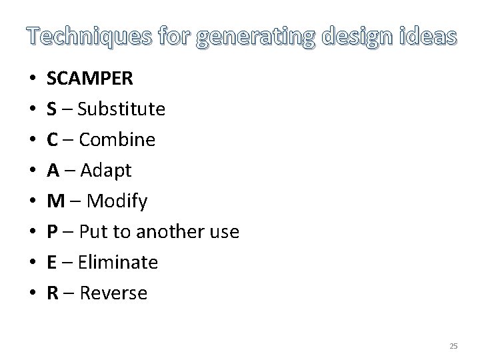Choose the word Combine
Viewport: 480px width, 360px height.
pyautogui.click(x=117, y=140)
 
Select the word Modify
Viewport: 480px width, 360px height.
pyautogui.click(x=117, y=201)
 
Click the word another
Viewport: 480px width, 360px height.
pyautogui.click(x=171, y=231)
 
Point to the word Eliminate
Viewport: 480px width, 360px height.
pyautogui.click(x=118, y=262)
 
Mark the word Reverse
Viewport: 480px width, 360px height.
pyautogui.click(x=113, y=293)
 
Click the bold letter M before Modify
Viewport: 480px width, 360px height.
pyautogui.click(x=55, y=201)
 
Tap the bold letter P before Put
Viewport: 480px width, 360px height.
pyautogui.click(x=51, y=231)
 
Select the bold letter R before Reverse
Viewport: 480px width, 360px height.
pyautogui.click(x=52, y=293)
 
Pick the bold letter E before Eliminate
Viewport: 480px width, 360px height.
pyautogui.click(x=51, y=262)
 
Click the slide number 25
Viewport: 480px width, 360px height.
pyautogui.click(x=454, y=346)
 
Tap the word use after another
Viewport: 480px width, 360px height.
pyautogui.click(x=225, y=232)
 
